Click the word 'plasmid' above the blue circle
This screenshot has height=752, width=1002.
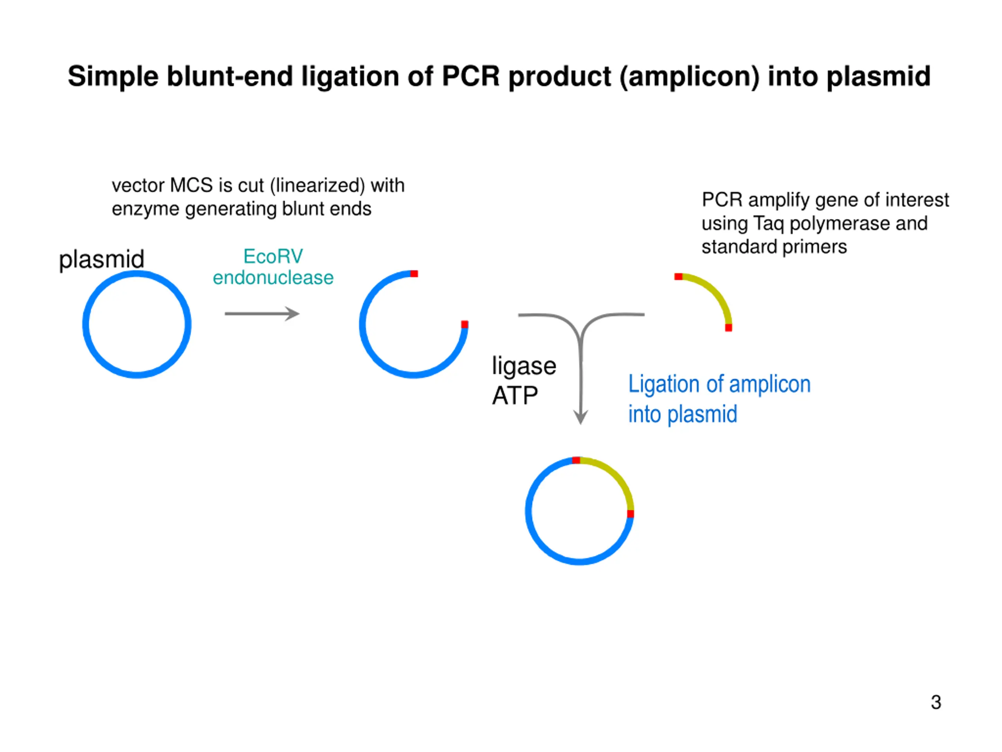(101, 260)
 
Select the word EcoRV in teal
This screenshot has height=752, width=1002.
(273, 257)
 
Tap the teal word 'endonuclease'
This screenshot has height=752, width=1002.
(273, 277)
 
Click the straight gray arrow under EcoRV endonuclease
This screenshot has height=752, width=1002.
(262, 314)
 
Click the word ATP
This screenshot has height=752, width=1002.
(515, 396)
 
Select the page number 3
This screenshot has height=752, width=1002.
(936, 702)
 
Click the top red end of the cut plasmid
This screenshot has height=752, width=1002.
(414, 273)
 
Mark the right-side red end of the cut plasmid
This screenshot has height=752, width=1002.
(464, 324)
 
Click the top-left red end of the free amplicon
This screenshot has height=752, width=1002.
(678, 277)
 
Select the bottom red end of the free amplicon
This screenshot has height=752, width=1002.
(728, 327)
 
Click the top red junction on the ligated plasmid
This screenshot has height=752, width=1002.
(576, 460)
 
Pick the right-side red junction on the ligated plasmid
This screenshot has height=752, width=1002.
(630, 513)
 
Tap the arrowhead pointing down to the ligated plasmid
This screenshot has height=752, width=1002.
(581, 417)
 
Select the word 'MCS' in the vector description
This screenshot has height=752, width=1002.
(191, 185)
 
